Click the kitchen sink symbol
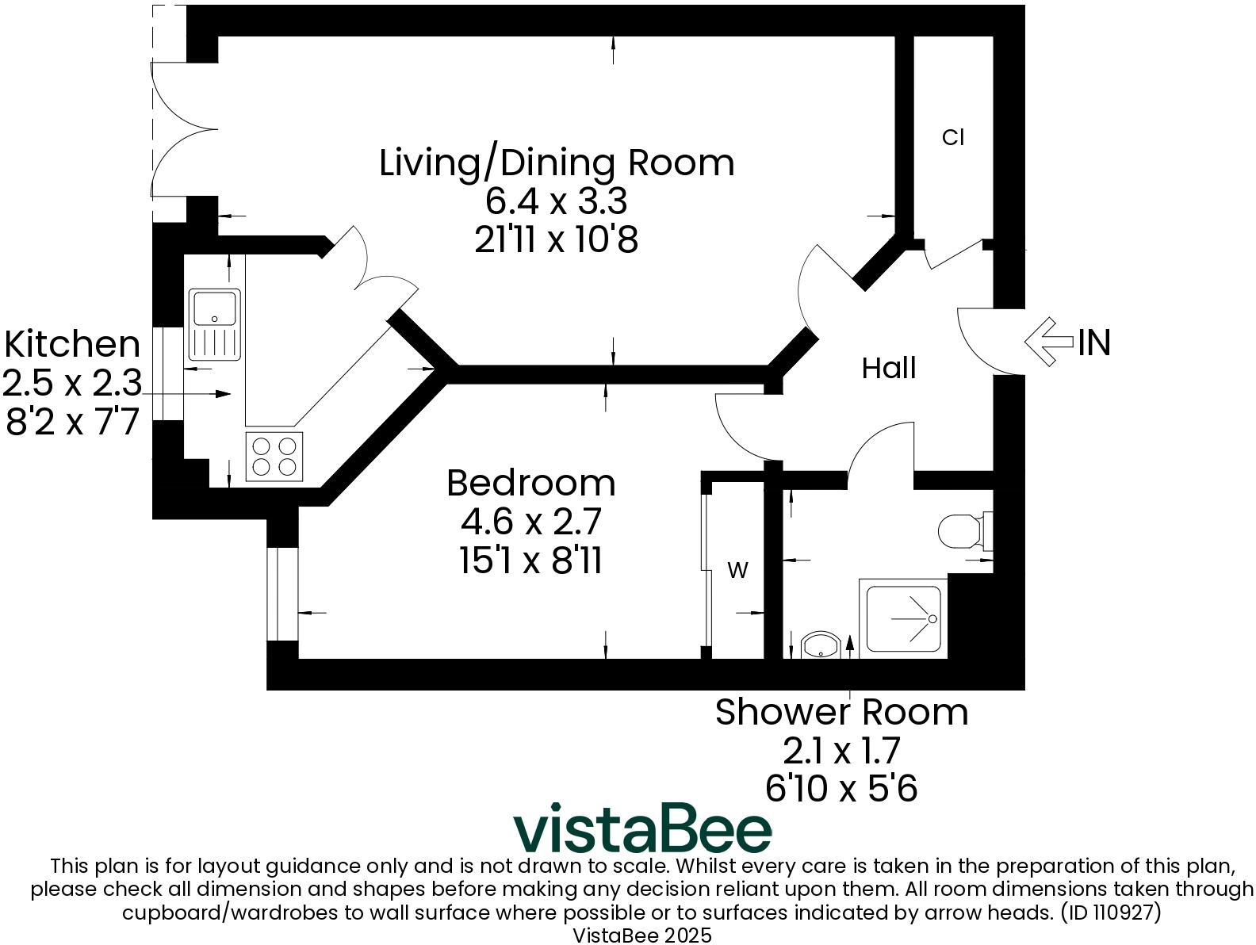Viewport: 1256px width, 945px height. pyautogui.click(x=214, y=325)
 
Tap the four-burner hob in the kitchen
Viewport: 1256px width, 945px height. pyautogui.click(x=274, y=456)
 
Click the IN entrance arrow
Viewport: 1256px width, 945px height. pyautogui.click(x=1048, y=342)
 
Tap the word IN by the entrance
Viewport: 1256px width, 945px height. pyautogui.click(x=1094, y=342)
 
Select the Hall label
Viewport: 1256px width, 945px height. pyautogui.click(x=889, y=368)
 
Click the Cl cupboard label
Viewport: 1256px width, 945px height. pyautogui.click(x=953, y=137)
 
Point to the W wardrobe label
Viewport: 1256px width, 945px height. pyautogui.click(x=737, y=570)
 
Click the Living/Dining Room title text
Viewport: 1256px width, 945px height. pyautogui.click(x=557, y=163)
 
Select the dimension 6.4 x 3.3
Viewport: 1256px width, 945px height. pyautogui.click(x=557, y=201)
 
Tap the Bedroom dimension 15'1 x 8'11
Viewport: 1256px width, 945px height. pyautogui.click(x=530, y=560)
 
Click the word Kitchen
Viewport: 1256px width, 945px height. pyautogui.click(x=72, y=345)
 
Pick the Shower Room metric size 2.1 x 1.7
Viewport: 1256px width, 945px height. pyautogui.click(x=841, y=750)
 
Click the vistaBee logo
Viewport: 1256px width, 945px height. pyautogui.click(x=642, y=828)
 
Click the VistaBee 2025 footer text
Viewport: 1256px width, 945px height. pyautogui.click(x=642, y=935)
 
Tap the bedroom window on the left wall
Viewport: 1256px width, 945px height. pyautogui.click(x=282, y=594)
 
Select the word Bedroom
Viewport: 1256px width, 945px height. pyautogui.click(x=530, y=483)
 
